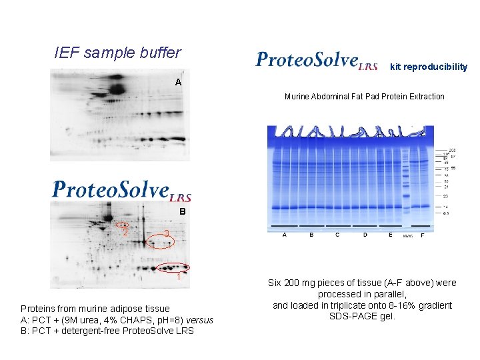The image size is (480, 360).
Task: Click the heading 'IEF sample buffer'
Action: [117, 53]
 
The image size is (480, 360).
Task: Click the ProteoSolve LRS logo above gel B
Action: [122, 190]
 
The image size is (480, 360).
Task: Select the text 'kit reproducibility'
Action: [429, 67]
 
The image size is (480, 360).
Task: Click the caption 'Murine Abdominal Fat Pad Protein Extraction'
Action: [364, 97]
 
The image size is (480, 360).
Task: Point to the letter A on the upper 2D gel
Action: [178, 82]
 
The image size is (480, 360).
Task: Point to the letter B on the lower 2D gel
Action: [181, 212]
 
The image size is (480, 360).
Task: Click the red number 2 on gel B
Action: [125, 232]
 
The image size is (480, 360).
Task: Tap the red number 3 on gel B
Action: [167, 233]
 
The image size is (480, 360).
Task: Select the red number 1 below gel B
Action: [179, 278]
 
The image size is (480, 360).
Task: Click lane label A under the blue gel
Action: [285, 235]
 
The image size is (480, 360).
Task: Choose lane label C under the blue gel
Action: [337, 235]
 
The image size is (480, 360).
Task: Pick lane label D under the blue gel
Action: [365, 235]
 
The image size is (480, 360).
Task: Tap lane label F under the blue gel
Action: [422, 235]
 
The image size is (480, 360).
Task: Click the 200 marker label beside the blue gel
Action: [451, 150]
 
